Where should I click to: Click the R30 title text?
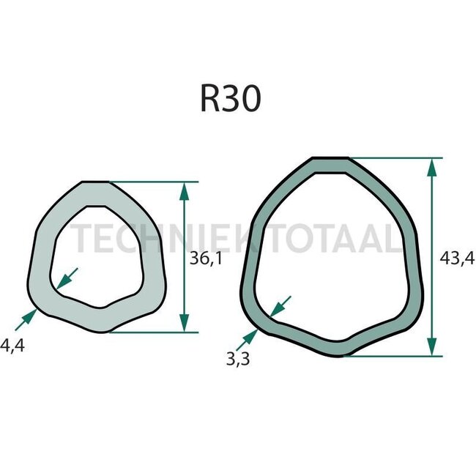tap(230, 100)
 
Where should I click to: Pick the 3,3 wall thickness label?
tap(236, 357)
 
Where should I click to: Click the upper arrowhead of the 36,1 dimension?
tap(184, 193)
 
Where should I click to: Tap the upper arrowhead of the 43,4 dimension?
tap(432, 168)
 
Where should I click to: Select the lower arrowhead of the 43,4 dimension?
tap(432, 346)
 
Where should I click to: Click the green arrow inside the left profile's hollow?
tap(67, 278)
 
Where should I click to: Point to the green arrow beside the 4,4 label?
tap(25, 318)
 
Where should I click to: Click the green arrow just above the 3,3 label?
tap(247, 338)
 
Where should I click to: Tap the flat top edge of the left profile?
tap(94, 182)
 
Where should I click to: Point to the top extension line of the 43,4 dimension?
tap(395, 157)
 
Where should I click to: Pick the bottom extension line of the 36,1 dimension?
tap(154, 332)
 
